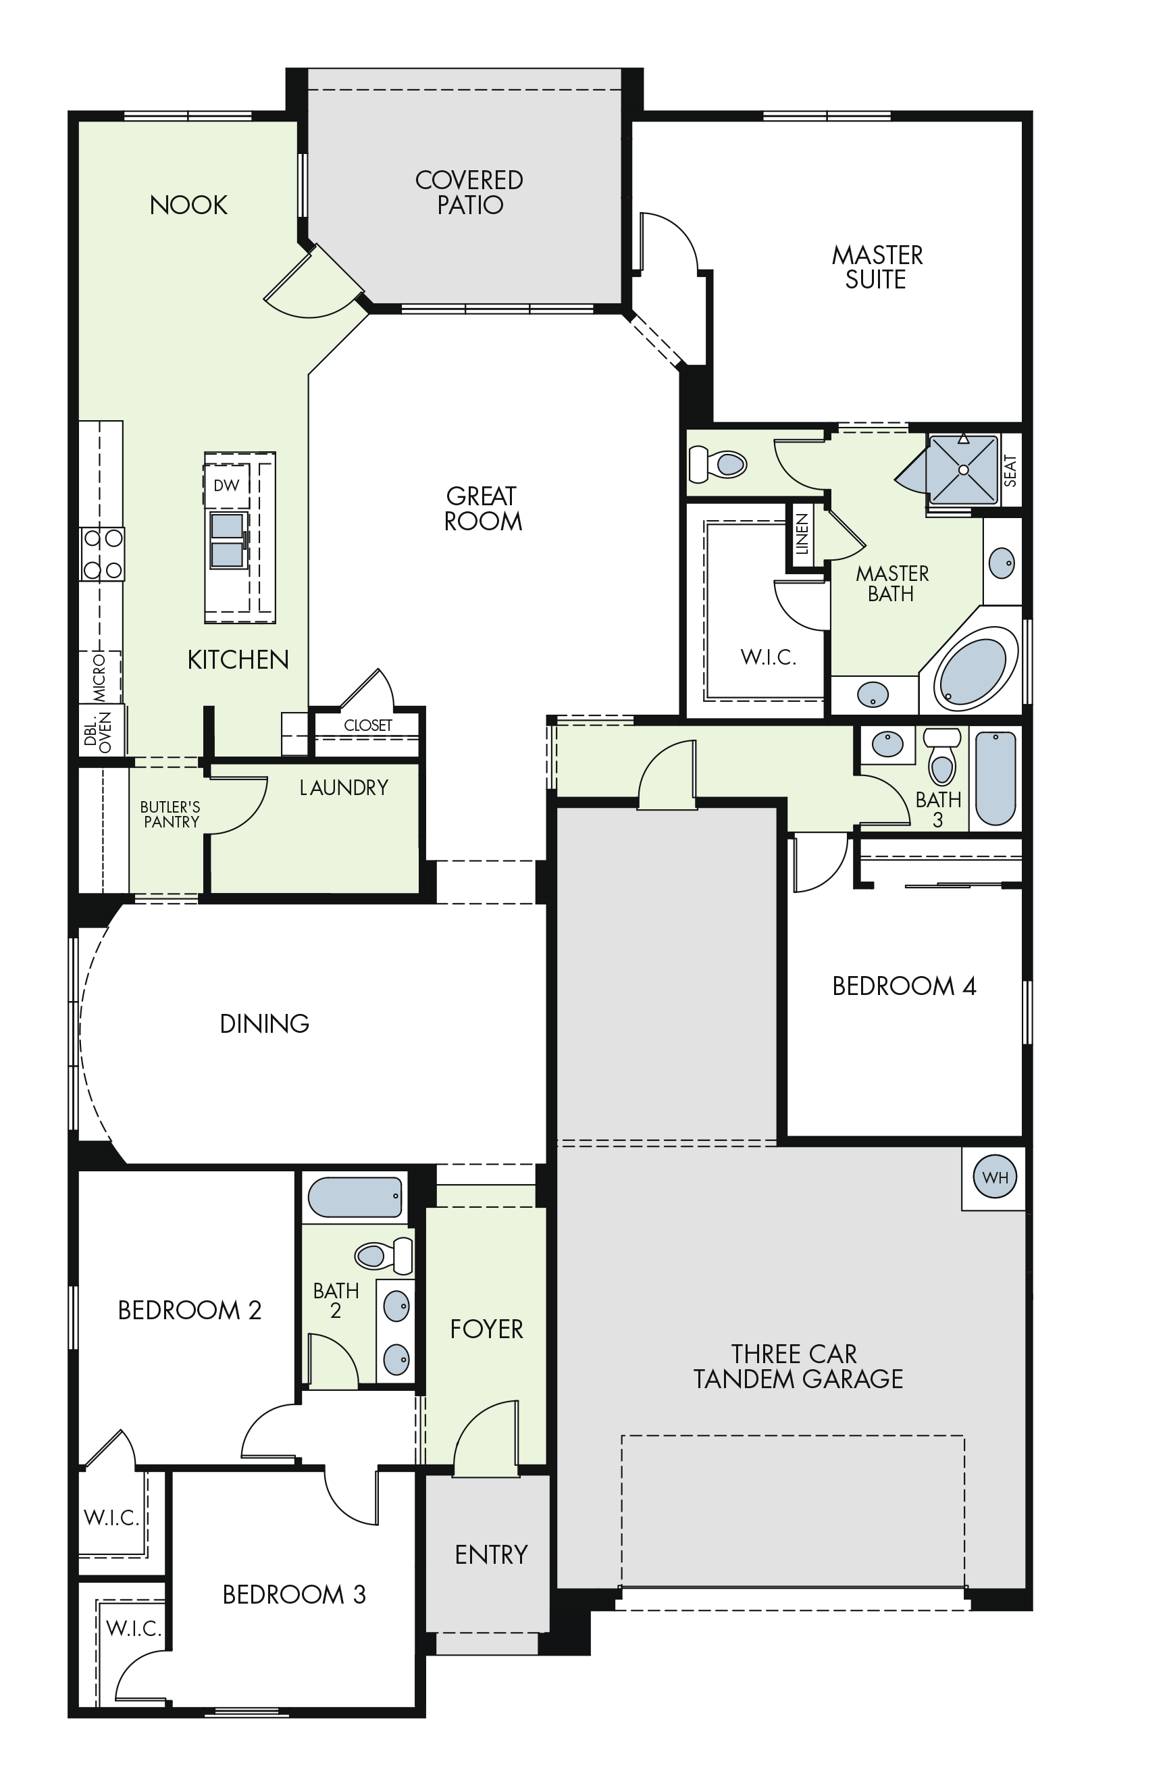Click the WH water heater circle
click(x=994, y=1177)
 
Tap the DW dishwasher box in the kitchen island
click(x=226, y=485)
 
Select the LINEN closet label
click(x=802, y=534)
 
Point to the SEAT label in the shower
click(x=1010, y=471)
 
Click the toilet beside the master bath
click(x=718, y=464)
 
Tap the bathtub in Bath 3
click(x=995, y=778)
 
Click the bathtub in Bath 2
click(x=355, y=1196)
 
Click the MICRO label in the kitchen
click(x=100, y=677)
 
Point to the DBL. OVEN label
click(x=97, y=732)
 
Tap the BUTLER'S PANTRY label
click(x=170, y=814)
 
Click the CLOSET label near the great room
click(x=367, y=725)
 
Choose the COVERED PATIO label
click(x=469, y=192)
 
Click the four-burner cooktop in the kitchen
click(x=103, y=554)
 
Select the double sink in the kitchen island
click(x=228, y=540)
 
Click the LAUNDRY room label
click(x=344, y=787)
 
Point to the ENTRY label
click(x=492, y=1554)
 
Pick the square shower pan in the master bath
click(x=963, y=469)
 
